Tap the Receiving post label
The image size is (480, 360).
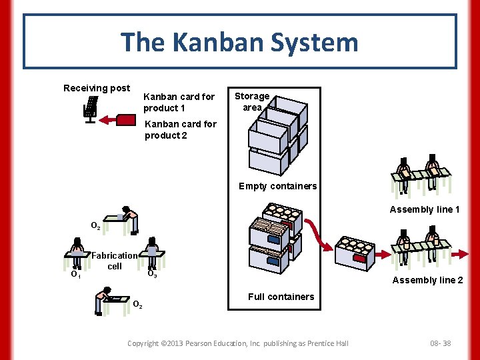pyautogui.click(x=97, y=88)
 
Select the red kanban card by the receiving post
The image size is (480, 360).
pyautogui.click(x=127, y=119)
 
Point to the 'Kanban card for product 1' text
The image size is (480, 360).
pyautogui.click(x=179, y=102)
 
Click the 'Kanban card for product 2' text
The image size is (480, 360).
pyautogui.click(x=180, y=129)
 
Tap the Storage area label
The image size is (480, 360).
pyautogui.click(x=252, y=102)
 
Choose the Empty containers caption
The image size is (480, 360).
pyautogui.click(x=277, y=186)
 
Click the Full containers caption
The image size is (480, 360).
pyautogui.click(x=281, y=297)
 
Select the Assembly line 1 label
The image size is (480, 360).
pyautogui.click(x=425, y=209)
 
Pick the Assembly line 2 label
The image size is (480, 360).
pyautogui.click(x=427, y=280)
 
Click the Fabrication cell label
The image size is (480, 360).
pyautogui.click(x=115, y=261)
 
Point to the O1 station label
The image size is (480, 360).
pyautogui.click(x=76, y=274)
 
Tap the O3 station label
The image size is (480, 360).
pyautogui.click(x=152, y=273)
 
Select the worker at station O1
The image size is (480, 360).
pyautogui.click(x=77, y=253)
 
